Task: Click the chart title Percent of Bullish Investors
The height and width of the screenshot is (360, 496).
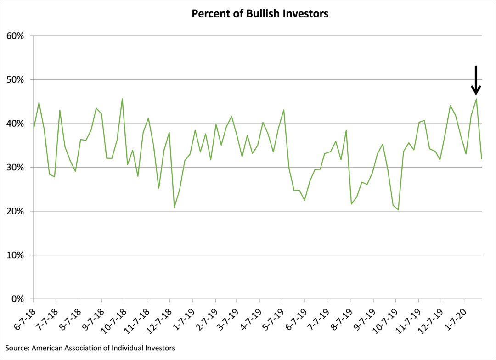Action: (259, 14)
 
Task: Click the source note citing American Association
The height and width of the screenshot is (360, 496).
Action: (90, 348)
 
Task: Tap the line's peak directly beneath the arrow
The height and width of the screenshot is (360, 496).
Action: (476, 99)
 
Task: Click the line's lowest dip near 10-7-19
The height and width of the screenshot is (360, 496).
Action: (398, 210)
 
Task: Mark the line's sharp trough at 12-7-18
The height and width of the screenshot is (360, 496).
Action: (175, 207)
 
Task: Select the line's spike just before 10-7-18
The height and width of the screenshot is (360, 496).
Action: (122, 98)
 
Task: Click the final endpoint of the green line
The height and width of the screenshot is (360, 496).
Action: (481, 159)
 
